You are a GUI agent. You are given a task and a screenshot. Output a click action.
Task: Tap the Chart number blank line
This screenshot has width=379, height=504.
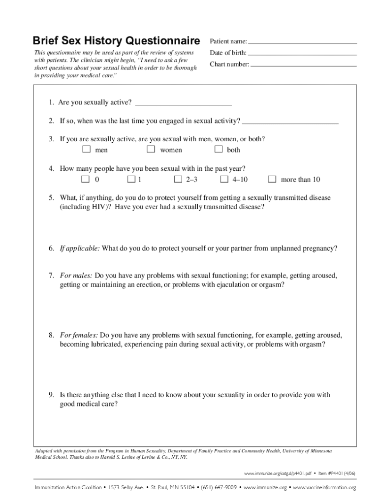303,65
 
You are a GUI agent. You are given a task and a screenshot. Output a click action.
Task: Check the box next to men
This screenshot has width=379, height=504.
86,149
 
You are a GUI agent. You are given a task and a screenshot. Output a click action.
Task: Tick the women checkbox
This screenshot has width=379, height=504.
151,149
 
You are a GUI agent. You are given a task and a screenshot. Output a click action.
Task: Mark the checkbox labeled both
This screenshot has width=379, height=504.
218,149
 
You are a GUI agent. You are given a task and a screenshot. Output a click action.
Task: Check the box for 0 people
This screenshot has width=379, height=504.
86,179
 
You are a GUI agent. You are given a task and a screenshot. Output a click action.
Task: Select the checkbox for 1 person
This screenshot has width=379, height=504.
131,179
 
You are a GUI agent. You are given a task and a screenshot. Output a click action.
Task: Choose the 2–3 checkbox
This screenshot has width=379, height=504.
178,179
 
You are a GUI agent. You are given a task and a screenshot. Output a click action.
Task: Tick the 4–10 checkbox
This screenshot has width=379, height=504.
224,179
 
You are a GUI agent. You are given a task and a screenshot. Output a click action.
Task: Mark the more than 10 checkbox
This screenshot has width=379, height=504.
272,179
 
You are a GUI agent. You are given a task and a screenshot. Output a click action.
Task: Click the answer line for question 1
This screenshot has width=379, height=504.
183,104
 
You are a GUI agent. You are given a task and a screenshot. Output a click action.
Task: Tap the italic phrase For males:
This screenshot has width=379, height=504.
76,276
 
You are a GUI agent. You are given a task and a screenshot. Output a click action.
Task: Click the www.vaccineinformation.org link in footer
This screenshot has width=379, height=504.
324,488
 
